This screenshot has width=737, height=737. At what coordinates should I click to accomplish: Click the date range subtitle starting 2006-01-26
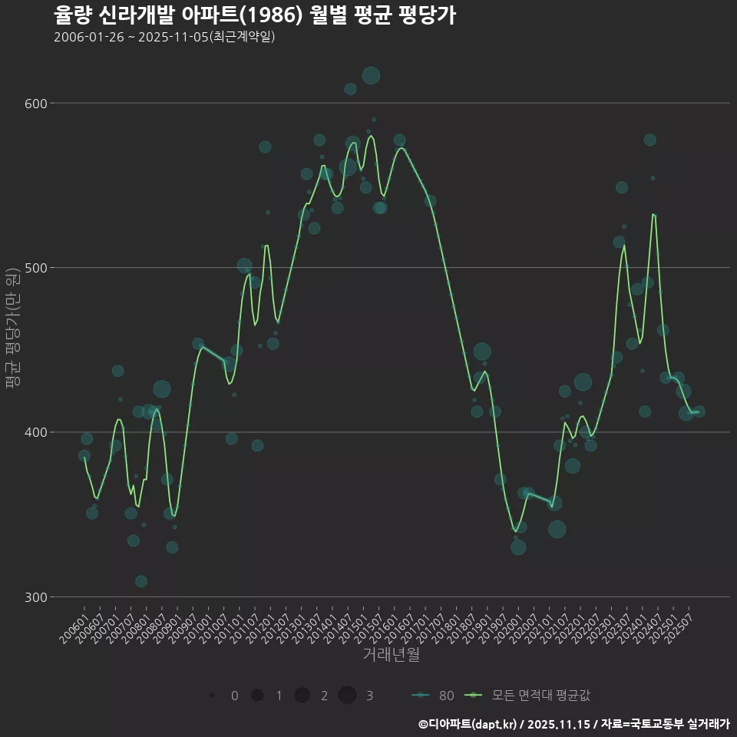(164, 38)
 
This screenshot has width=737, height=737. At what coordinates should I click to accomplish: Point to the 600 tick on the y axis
(38, 104)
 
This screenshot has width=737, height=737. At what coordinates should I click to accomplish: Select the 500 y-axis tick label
(38, 268)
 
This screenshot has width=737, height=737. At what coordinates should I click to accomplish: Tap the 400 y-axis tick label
(38, 432)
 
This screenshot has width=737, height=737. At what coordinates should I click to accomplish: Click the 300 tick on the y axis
(38, 597)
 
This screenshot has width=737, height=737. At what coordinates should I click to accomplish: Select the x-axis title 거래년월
(391, 655)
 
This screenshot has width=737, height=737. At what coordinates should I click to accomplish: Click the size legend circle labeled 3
(347, 696)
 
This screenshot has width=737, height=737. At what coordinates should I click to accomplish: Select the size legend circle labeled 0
(212, 696)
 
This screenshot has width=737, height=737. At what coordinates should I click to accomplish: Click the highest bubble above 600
(371, 75)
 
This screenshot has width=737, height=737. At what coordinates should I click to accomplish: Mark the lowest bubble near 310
(140, 581)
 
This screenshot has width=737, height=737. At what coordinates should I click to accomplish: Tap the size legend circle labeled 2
(302, 696)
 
